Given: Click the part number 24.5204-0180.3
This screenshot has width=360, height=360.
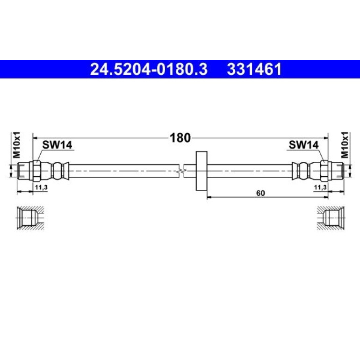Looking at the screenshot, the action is click(149, 69).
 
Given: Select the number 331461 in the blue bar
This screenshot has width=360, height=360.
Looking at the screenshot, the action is click(254, 69).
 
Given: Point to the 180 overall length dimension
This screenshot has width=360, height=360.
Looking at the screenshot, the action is click(180, 138).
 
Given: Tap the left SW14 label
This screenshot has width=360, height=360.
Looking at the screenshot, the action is click(57, 145).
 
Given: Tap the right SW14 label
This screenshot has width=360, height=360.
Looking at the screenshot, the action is click(303, 145).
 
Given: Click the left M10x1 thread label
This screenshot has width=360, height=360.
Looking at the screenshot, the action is click(16, 145).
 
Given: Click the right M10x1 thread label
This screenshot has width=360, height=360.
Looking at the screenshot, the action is click(345, 145).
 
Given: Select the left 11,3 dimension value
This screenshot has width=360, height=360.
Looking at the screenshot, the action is click(41, 187).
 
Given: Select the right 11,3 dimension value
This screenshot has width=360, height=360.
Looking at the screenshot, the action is click(320, 187).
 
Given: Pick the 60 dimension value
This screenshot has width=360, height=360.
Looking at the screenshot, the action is click(260, 193).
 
